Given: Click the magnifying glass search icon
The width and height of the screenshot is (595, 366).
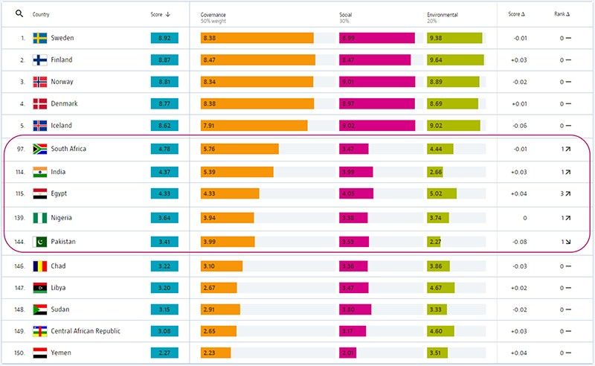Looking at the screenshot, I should (x=19, y=13).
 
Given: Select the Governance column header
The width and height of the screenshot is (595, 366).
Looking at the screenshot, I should (x=214, y=14).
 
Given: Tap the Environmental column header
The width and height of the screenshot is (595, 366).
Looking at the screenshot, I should (x=442, y=14).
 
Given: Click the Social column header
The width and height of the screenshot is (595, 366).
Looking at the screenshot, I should (x=346, y=14).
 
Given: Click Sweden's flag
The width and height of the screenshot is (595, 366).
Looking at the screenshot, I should (x=40, y=38).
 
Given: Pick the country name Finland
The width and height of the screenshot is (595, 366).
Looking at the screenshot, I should (x=62, y=60).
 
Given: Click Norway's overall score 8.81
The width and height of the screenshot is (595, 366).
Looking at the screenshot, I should (x=164, y=82).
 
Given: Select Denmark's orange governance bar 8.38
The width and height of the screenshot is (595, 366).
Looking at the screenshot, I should (x=257, y=103).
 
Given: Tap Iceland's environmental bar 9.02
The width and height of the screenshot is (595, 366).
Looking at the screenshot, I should (x=453, y=126).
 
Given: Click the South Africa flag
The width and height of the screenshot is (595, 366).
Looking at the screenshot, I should (x=40, y=149).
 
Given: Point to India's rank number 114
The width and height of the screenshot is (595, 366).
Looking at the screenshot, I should (x=21, y=172).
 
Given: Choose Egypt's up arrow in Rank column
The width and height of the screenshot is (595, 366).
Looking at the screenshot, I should (x=567, y=193).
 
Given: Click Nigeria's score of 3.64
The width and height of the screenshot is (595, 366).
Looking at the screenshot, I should (x=164, y=218).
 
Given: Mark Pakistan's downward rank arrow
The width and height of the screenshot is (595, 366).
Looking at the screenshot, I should (x=567, y=242).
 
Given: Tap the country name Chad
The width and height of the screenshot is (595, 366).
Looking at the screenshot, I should (x=58, y=266).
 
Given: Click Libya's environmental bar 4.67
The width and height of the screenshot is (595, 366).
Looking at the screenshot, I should (x=443, y=287).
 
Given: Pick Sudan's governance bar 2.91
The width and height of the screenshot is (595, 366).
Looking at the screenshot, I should (x=220, y=309).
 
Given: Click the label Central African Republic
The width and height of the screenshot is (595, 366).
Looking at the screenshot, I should (x=85, y=330).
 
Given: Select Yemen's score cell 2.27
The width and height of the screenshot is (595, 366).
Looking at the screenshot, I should (x=164, y=353).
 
